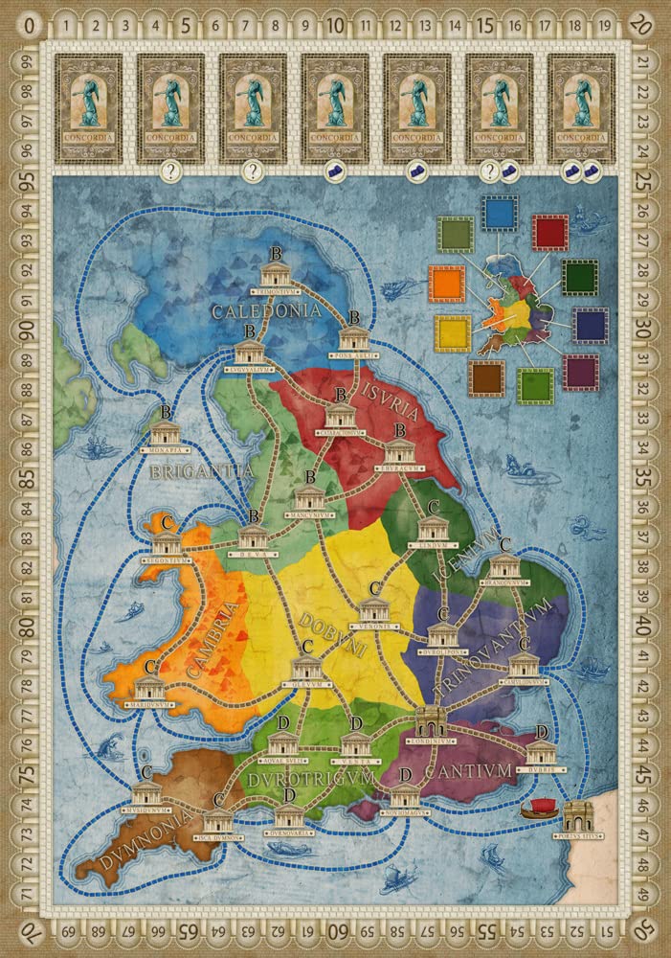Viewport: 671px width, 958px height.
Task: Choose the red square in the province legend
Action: pyautogui.click(x=550, y=232)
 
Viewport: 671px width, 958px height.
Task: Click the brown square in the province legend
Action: pyautogui.click(x=487, y=377)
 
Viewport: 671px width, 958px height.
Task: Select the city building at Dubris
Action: pyautogui.click(x=541, y=753)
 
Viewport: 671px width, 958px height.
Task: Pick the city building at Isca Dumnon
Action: pyautogui.click(x=218, y=821)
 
